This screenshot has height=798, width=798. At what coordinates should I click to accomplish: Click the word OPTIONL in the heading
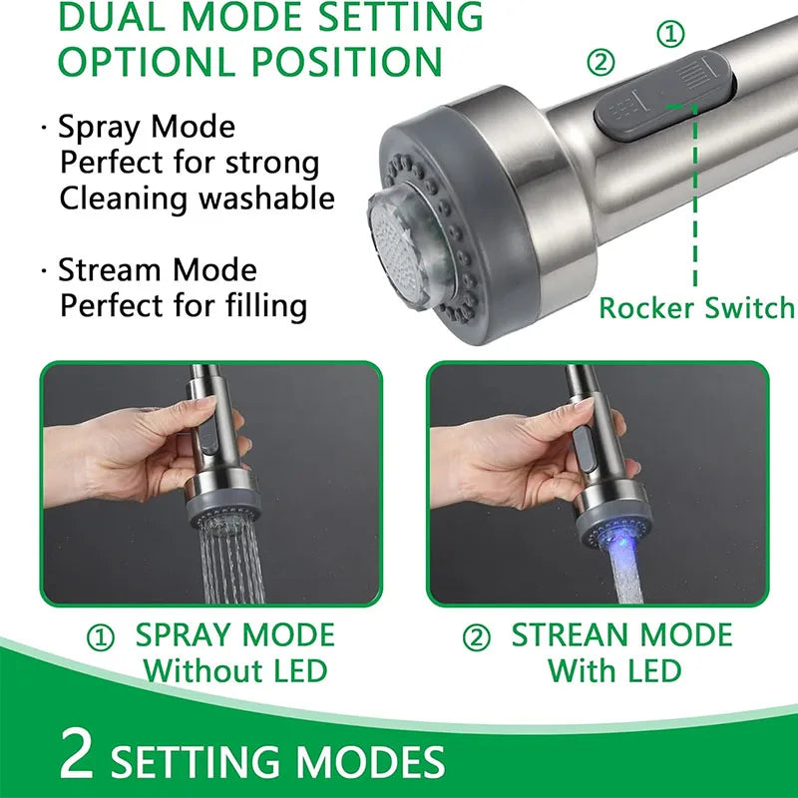click(148, 62)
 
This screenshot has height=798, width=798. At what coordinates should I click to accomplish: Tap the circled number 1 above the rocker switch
click(670, 35)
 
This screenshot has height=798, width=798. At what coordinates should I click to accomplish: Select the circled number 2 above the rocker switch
click(600, 63)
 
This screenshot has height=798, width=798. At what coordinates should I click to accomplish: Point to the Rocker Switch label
click(696, 308)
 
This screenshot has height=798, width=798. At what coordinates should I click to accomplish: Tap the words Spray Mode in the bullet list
click(147, 127)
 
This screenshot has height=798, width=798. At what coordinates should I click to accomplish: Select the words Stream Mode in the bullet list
click(158, 269)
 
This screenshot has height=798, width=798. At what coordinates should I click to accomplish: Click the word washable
click(266, 198)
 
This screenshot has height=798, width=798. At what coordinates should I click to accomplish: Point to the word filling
click(266, 305)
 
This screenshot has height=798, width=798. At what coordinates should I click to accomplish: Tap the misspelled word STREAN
click(571, 635)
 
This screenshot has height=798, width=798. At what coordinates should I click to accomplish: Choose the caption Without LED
click(235, 670)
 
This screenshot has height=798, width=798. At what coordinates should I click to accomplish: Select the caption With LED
click(614, 670)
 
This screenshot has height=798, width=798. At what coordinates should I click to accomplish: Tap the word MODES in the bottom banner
click(370, 762)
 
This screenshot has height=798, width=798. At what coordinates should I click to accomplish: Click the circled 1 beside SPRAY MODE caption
click(101, 637)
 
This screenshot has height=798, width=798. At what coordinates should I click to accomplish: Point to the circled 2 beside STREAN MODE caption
click(477, 637)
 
